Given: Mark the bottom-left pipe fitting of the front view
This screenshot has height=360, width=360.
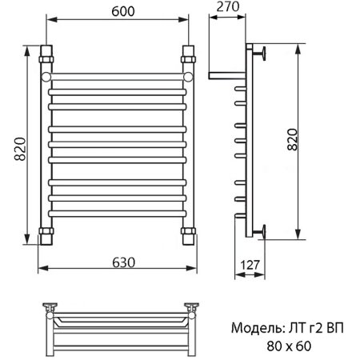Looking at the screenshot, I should coord(46,235).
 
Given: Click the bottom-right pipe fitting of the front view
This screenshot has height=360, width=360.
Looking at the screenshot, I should coord(189,235).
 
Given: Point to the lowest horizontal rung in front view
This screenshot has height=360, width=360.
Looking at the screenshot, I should coord(118,214).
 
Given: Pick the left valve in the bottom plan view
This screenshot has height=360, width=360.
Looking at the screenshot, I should coord(51,308).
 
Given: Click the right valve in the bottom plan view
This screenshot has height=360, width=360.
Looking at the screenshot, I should coord(191,308).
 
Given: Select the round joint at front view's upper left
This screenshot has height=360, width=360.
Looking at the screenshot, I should coord(46,75).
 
